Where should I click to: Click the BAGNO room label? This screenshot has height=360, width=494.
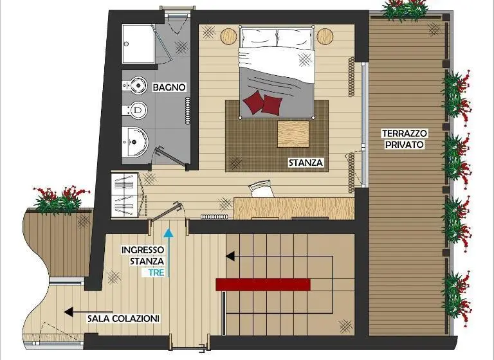pos(169,87)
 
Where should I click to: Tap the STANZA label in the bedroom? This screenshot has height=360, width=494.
pos(306,163)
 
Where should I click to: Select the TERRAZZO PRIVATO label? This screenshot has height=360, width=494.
pos(405,139)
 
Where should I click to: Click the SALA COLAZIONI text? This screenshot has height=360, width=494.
pos(123,318)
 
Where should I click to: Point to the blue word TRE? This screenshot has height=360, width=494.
pos(156,273)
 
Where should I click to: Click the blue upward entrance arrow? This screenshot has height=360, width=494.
pos(169,253)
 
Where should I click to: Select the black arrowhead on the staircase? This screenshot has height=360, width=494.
pos(230,256)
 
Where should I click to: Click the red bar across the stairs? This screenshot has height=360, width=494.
pos(263,284)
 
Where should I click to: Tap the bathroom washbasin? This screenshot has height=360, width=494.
pos(135,142)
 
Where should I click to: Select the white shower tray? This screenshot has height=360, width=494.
pos(139,44)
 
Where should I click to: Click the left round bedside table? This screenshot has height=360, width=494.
pos(228,36)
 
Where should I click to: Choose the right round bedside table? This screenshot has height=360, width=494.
pos(325,36)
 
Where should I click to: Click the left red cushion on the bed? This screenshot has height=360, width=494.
pos(253,102)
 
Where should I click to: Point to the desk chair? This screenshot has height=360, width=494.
pos(261,188)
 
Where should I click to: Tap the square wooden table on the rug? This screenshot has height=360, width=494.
pos(293,134)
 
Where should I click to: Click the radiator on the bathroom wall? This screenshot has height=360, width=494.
pos(188,111)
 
